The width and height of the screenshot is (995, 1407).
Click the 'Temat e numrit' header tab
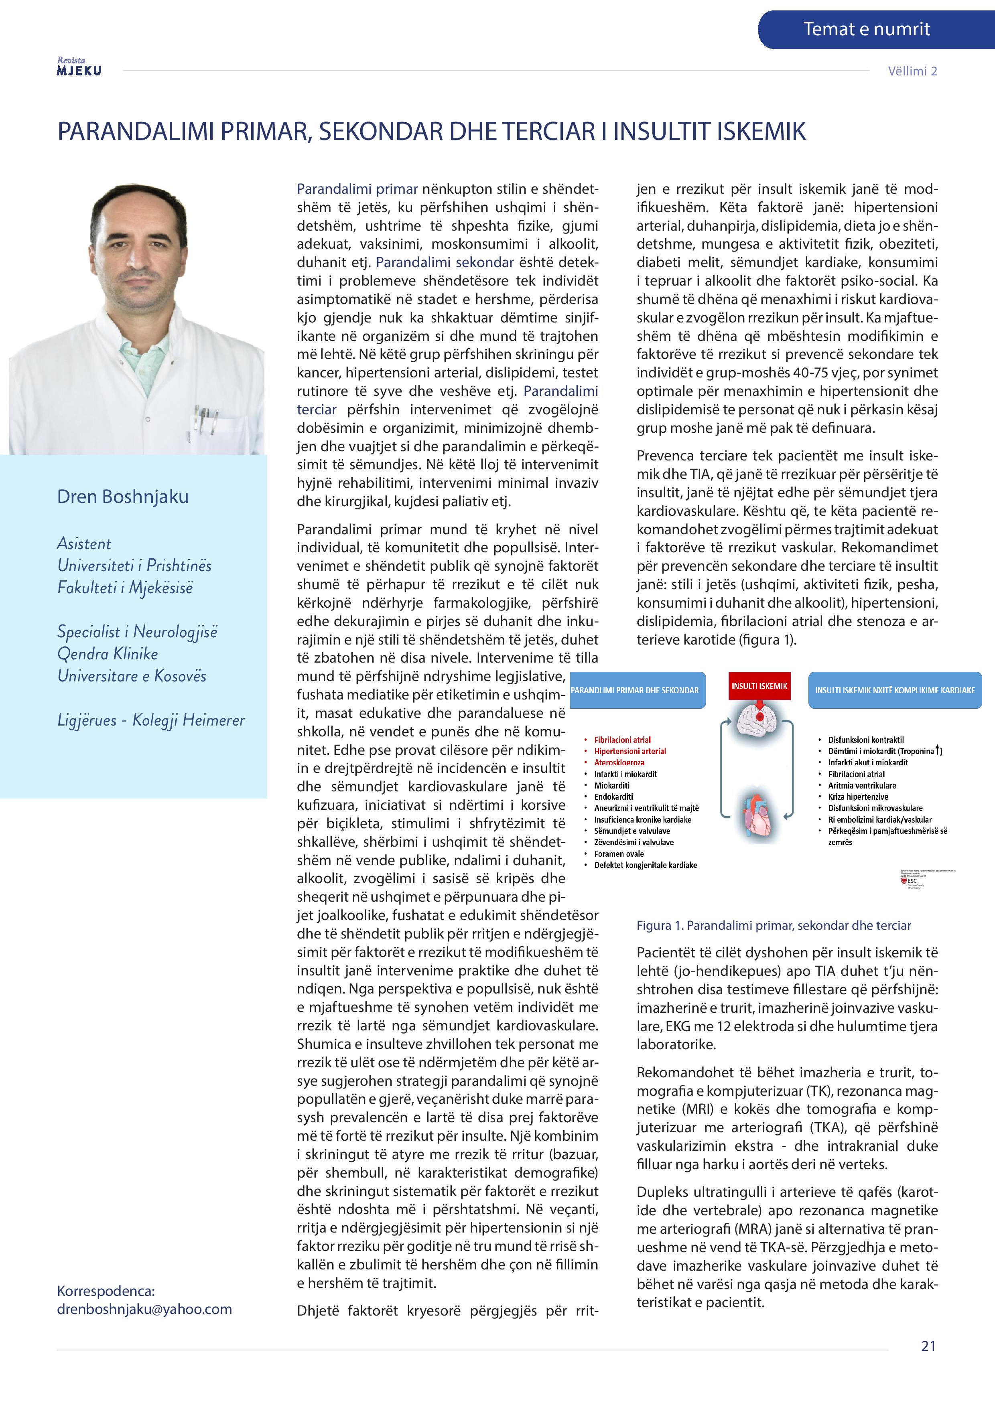click(866, 29)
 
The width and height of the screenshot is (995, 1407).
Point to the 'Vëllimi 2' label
click(912, 71)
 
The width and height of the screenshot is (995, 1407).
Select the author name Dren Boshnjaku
click(123, 497)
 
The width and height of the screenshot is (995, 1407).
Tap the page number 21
click(928, 1346)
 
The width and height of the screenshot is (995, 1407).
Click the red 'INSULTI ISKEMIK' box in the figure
click(759, 686)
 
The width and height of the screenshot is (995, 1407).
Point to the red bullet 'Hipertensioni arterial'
click(629, 751)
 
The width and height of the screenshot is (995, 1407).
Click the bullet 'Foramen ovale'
click(619, 854)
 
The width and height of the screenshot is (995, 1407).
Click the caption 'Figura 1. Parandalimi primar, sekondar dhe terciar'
click(774, 925)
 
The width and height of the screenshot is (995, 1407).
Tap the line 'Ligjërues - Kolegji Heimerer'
click(151, 720)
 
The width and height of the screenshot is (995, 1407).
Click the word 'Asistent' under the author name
click(84, 543)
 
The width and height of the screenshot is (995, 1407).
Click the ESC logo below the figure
click(912, 881)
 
